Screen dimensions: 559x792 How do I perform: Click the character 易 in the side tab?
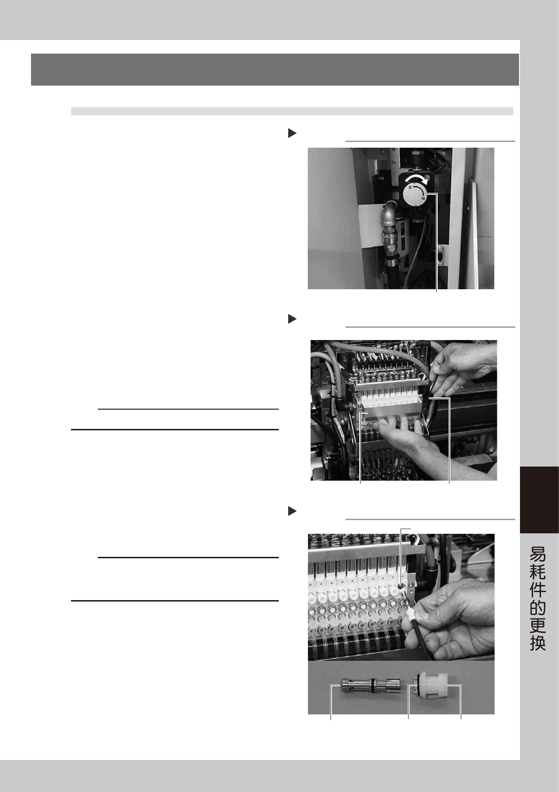point(538,555)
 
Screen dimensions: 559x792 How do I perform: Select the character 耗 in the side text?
point(538,572)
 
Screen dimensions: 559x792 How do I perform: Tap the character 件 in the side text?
point(538,590)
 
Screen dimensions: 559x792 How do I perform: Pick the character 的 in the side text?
point(538,608)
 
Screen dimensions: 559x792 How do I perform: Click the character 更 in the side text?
point(538,625)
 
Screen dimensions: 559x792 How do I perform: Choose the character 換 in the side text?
point(538,643)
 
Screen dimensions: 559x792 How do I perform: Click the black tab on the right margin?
point(539,499)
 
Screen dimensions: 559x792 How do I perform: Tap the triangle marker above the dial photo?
point(292,133)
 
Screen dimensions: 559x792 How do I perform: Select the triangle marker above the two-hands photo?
point(292,319)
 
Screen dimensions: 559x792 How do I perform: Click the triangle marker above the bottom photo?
point(292,511)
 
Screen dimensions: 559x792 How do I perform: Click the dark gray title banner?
point(275,70)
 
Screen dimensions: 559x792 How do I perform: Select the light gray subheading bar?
point(292,111)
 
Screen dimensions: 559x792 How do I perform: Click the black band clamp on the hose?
point(391,262)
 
